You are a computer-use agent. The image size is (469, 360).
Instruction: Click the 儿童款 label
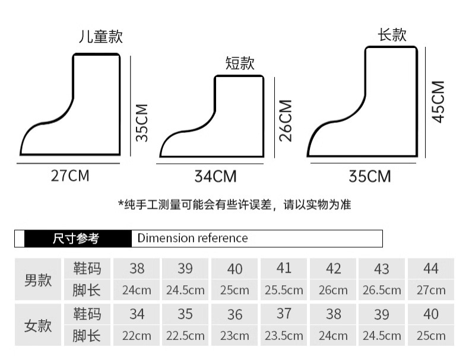click(x=101, y=37)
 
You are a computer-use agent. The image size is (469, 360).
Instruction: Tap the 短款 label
click(x=240, y=63)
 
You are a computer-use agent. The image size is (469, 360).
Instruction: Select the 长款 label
click(x=392, y=35)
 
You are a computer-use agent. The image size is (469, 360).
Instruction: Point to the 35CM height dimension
click(x=141, y=122)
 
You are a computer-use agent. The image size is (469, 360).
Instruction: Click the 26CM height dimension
click(x=286, y=120)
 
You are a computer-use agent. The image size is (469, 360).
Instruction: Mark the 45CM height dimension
click(x=438, y=101)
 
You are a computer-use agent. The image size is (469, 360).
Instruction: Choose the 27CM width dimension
click(x=70, y=176)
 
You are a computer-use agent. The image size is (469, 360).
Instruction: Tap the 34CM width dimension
click(x=215, y=176)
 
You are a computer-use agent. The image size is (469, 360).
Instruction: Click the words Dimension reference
click(x=192, y=238)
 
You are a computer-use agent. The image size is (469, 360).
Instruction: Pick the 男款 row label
click(x=38, y=280)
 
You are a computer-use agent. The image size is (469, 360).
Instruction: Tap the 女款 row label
click(x=38, y=326)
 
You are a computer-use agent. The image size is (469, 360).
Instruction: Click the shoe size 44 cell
click(x=430, y=269)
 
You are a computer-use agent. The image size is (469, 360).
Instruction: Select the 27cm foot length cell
click(x=430, y=290)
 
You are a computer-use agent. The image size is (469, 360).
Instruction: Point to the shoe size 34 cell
click(x=137, y=314)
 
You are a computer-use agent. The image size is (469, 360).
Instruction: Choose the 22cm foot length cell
click(x=137, y=336)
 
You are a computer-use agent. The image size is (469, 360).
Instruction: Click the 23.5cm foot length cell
click(x=284, y=336)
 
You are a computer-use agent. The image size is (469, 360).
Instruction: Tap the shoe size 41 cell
click(x=284, y=268)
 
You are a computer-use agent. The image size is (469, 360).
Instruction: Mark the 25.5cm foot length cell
click(x=284, y=290)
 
